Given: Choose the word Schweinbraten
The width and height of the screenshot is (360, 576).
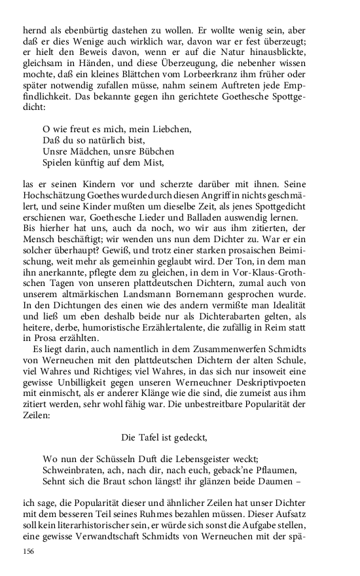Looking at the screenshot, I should [73, 470].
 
